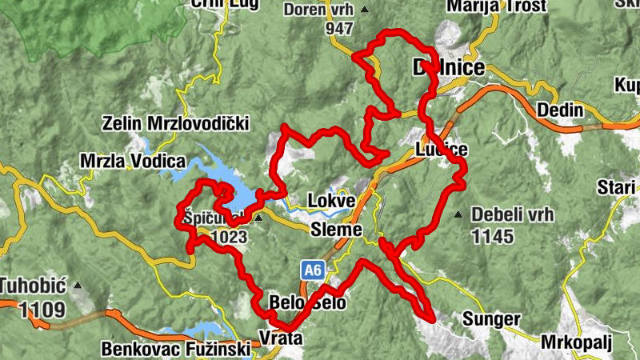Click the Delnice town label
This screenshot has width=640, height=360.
(x=448, y=67)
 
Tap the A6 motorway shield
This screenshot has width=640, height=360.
(x=312, y=271)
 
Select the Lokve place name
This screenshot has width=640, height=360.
(x=330, y=200)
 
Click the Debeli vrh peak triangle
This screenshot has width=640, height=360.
(x=458, y=214)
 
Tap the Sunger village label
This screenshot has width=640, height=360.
(x=491, y=319)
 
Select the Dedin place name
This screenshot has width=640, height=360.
(x=559, y=109)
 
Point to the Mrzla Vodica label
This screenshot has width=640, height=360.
(x=133, y=161)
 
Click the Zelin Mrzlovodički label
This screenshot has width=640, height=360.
(x=176, y=124)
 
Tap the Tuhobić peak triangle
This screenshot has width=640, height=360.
(x=78, y=285)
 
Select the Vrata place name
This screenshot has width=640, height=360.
(x=281, y=338)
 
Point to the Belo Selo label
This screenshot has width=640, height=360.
(x=308, y=303)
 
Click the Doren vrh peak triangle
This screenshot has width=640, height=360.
(x=365, y=10)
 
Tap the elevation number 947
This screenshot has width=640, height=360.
(x=340, y=29)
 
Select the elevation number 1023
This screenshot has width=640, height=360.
(x=232, y=237)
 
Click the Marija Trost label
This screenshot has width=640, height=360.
(x=495, y=6)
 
